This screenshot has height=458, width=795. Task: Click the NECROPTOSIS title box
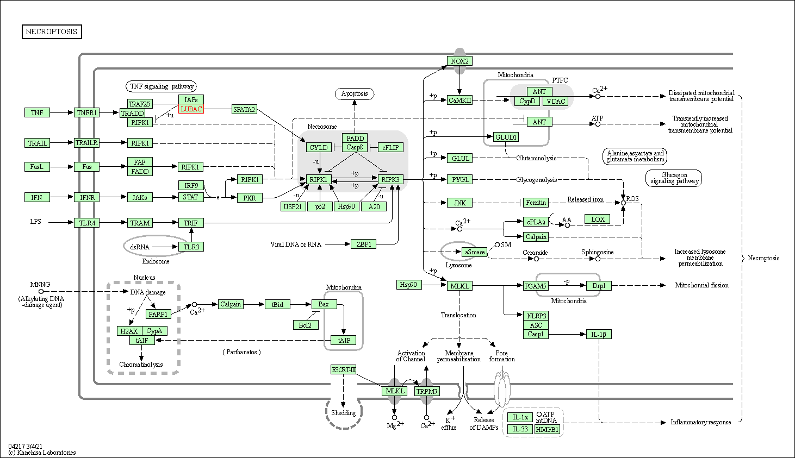pos(52,32)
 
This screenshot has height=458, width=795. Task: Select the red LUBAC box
pos(191,109)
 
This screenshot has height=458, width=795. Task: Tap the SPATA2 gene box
pos(244,110)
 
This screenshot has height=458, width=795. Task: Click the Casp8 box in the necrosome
pos(355,147)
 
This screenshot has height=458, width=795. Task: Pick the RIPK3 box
pos(390,179)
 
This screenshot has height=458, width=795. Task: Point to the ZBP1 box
pos(364,244)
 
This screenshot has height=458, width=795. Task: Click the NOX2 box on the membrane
pos(459,61)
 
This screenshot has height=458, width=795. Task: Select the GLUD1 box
pos(506,137)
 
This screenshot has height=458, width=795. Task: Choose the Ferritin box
pos(536,203)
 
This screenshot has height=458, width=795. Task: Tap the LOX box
pos(598,219)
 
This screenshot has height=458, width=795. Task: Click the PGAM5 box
pos(536,286)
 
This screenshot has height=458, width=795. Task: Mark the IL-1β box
pos(599,335)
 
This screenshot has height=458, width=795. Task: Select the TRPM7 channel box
pos(427,391)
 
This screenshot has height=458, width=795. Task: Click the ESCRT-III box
pos(344,370)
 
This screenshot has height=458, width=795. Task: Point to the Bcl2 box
pos(305,325)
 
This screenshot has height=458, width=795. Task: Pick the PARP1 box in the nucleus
pos(158,314)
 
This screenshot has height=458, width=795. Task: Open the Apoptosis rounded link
pos(355,94)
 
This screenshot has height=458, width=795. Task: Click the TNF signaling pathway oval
pos(162,86)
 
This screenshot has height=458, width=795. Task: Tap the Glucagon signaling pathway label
pos(674,178)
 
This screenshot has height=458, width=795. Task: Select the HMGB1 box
pos(547,429)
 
